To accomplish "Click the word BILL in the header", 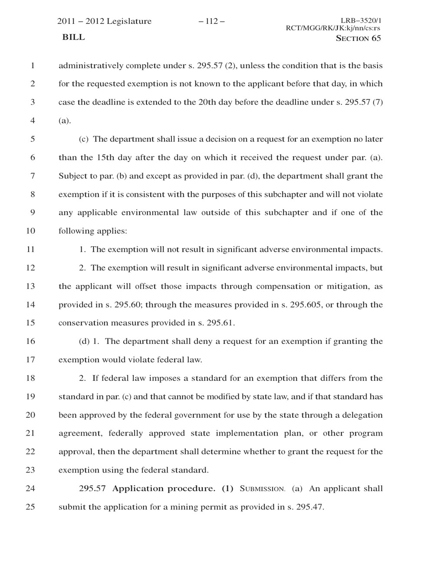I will [74, 37].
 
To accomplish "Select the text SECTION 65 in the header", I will [358, 38].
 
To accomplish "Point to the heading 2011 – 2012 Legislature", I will [105, 21].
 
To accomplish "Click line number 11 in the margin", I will [30, 250].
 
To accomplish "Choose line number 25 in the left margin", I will [30, 507].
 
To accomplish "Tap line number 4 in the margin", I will [32, 121].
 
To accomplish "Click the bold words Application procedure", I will [164, 489].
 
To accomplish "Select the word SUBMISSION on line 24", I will [262, 489].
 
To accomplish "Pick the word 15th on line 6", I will [105, 158].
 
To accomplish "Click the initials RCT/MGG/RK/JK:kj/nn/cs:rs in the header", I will [333, 28].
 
